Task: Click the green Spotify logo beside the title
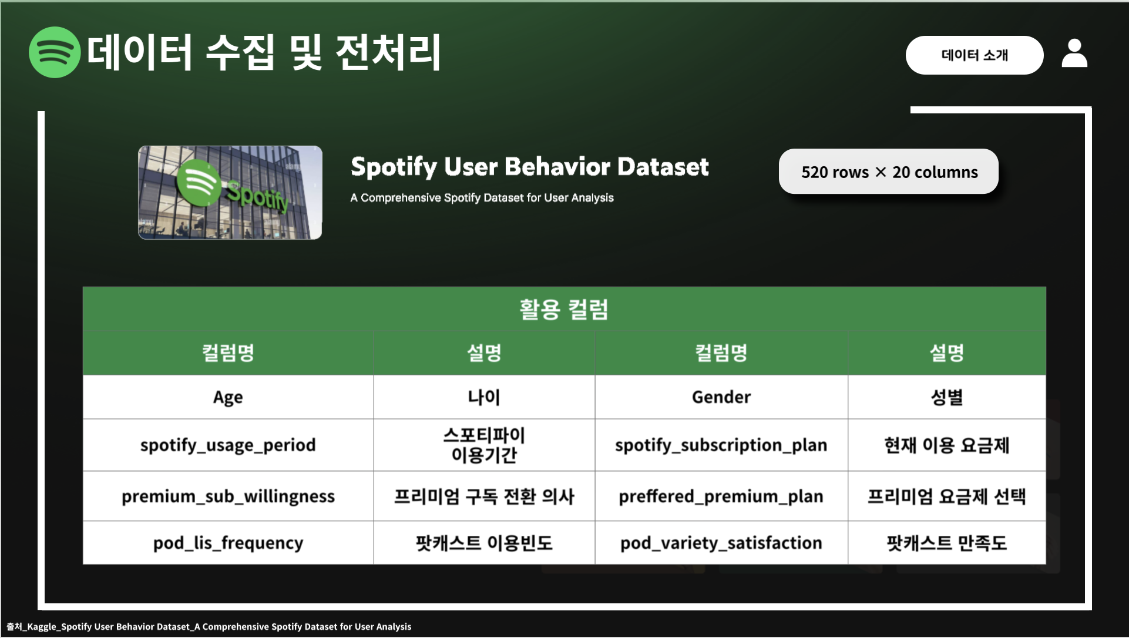click(55, 52)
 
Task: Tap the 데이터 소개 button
click(975, 55)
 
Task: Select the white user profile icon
click(1074, 53)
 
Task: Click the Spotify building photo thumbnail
click(230, 193)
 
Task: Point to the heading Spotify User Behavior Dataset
click(530, 167)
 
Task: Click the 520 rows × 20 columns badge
click(889, 172)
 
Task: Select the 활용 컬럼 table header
click(564, 309)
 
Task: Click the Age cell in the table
click(228, 397)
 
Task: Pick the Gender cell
click(721, 397)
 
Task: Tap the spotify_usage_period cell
click(228, 445)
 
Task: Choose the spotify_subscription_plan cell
click(721, 445)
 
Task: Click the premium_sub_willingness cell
click(228, 496)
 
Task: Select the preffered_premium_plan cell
click(721, 496)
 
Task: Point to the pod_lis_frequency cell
click(228, 543)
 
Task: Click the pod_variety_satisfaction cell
click(721, 543)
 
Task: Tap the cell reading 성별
click(947, 397)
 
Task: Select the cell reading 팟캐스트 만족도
click(947, 543)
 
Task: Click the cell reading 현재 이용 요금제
click(947, 445)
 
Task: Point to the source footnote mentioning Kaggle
click(209, 627)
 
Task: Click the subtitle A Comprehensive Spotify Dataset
click(482, 198)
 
